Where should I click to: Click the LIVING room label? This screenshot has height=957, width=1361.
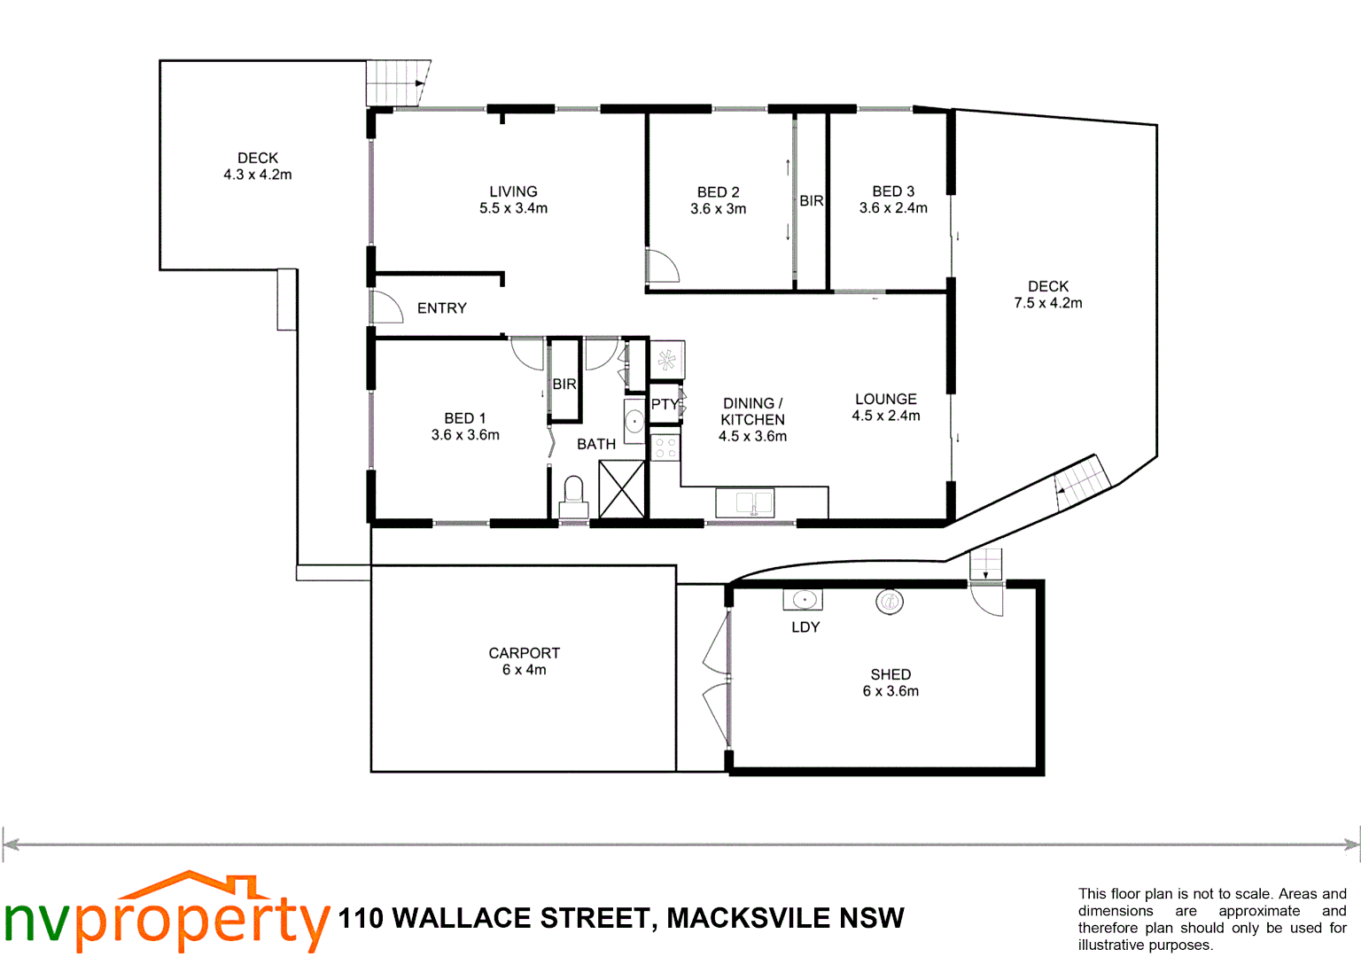pyautogui.click(x=513, y=191)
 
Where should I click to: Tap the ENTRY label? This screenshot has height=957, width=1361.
pyautogui.click(x=441, y=308)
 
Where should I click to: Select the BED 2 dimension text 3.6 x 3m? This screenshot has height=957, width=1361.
pyautogui.click(x=718, y=209)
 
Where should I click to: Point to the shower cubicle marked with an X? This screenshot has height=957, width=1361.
pyautogui.click(x=622, y=489)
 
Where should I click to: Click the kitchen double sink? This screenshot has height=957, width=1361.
pyautogui.click(x=744, y=503)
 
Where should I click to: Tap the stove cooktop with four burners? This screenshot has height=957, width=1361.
pyautogui.click(x=665, y=447)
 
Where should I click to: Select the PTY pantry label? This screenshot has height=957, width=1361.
pyautogui.click(x=665, y=404)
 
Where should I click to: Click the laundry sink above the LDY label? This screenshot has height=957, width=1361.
pyautogui.click(x=803, y=600)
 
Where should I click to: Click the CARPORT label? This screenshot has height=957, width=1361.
pyautogui.click(x=524, y=653)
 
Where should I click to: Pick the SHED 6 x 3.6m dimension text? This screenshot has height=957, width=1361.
pyautogui.click(x=890, y=691)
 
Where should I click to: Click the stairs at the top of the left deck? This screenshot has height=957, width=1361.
pyautogui.click(x=397, y=82)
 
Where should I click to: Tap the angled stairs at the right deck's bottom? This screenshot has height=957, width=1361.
pyautogui.click(x=1082, y=482)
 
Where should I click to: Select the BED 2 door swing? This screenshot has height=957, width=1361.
pyautogui.click(x=661, y=266)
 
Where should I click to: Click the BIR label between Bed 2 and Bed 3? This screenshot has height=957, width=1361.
pyautogui.click(x=811, y=201)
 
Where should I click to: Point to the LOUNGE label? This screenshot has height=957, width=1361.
pyautogui.click(x=885, y=400)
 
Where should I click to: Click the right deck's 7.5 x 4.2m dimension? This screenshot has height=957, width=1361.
pyautogui.click(x=1047, y=303)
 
